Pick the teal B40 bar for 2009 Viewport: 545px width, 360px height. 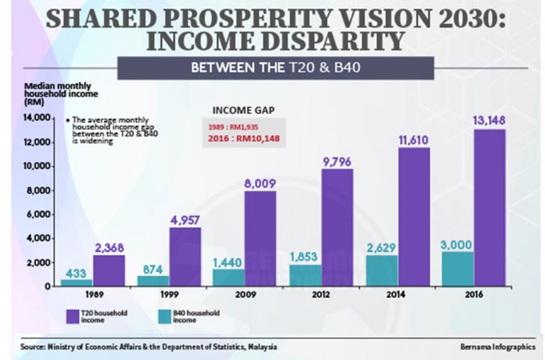click(x=229, y=278)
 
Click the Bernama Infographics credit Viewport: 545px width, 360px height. click(x=495, y=347)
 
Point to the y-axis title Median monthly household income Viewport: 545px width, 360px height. click(x=57, y=93)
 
